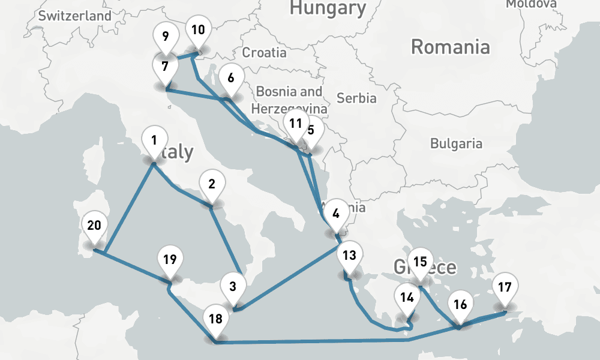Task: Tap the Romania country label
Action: (450, 46)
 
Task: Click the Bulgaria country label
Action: (456, 143)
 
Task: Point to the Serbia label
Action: (356, 98)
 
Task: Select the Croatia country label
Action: (264, 52)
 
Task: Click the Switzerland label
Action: (75, 16)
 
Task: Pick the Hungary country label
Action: (328, 8)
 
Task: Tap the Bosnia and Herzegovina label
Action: (289, 100)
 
